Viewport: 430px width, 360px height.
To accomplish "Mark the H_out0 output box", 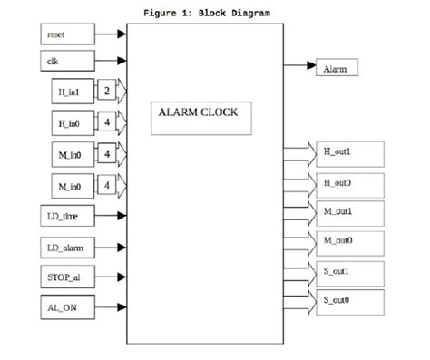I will click(352, 182).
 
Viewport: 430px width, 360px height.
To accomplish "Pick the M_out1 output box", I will click(352, 211).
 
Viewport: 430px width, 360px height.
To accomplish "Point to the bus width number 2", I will click(107, 92).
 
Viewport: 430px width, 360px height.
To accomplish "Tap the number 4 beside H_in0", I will click(107, 123).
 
